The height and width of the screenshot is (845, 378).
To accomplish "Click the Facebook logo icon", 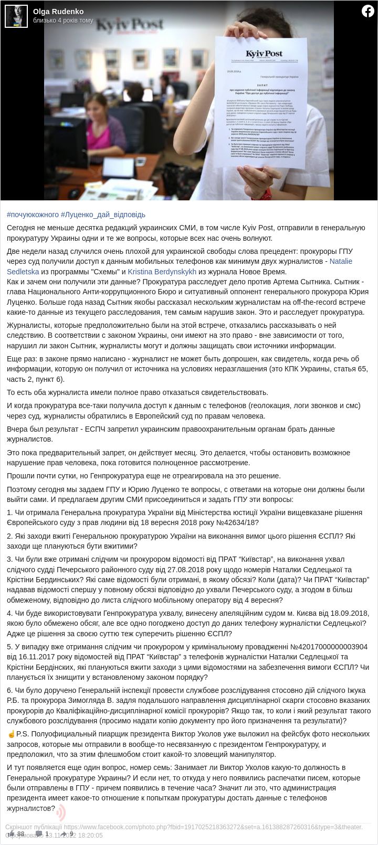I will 367,10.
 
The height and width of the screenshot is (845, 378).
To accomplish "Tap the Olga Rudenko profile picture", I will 16,16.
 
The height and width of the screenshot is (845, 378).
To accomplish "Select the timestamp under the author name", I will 63,20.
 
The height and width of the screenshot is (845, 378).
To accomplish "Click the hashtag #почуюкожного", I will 33,215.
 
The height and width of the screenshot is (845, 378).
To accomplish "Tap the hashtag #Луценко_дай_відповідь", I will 103,215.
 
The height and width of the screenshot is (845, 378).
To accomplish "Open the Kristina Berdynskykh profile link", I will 162,272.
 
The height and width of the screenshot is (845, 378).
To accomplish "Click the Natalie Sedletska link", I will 341,261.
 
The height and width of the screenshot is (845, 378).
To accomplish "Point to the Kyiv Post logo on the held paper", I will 264,54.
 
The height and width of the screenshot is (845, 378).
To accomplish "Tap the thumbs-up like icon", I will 12,833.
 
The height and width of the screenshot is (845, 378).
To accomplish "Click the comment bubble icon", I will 39,833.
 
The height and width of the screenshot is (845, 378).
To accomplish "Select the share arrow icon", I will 64,833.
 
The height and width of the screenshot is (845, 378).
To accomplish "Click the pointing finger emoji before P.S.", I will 11,734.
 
